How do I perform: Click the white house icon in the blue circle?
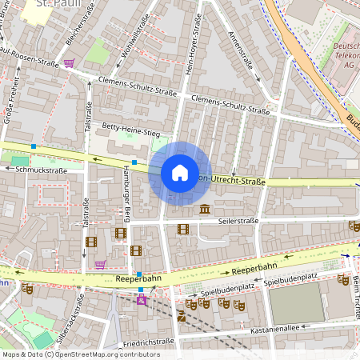coord(180,173)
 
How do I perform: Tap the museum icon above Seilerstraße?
coord(206,210)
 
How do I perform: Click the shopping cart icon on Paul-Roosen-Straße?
coord(70,62)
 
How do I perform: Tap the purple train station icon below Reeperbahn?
coord(142,300)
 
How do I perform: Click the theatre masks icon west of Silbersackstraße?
coord(27,289)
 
